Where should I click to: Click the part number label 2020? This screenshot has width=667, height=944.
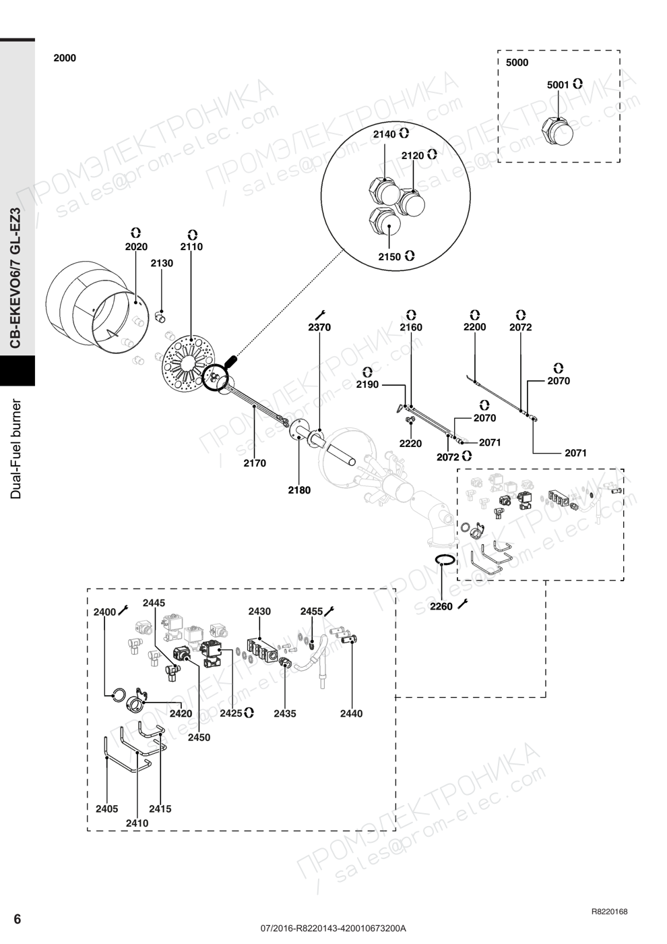(x=136, y=247)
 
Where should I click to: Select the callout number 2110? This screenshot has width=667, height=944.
(x=191, y=247)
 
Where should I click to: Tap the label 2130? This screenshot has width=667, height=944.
(x=162, y=264)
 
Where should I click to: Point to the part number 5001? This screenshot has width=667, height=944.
(x=558, y=85)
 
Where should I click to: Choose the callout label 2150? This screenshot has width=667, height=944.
(x=389, y=257)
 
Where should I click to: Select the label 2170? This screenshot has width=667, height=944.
(x=255, y=463)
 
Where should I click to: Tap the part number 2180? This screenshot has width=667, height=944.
(x=299, y=490)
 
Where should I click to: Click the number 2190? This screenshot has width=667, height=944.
(x=368, y=384)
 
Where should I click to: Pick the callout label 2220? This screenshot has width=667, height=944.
(x=410, y=444)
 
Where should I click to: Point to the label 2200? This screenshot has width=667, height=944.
(x=474, y=327)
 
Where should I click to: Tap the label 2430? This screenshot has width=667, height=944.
(x=259, y=611)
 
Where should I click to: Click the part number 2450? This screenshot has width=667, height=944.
(x=199, y=737)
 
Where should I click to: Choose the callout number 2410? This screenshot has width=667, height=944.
(x=137, y=823)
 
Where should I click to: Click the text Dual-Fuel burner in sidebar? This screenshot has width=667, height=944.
(x=16, y=449)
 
